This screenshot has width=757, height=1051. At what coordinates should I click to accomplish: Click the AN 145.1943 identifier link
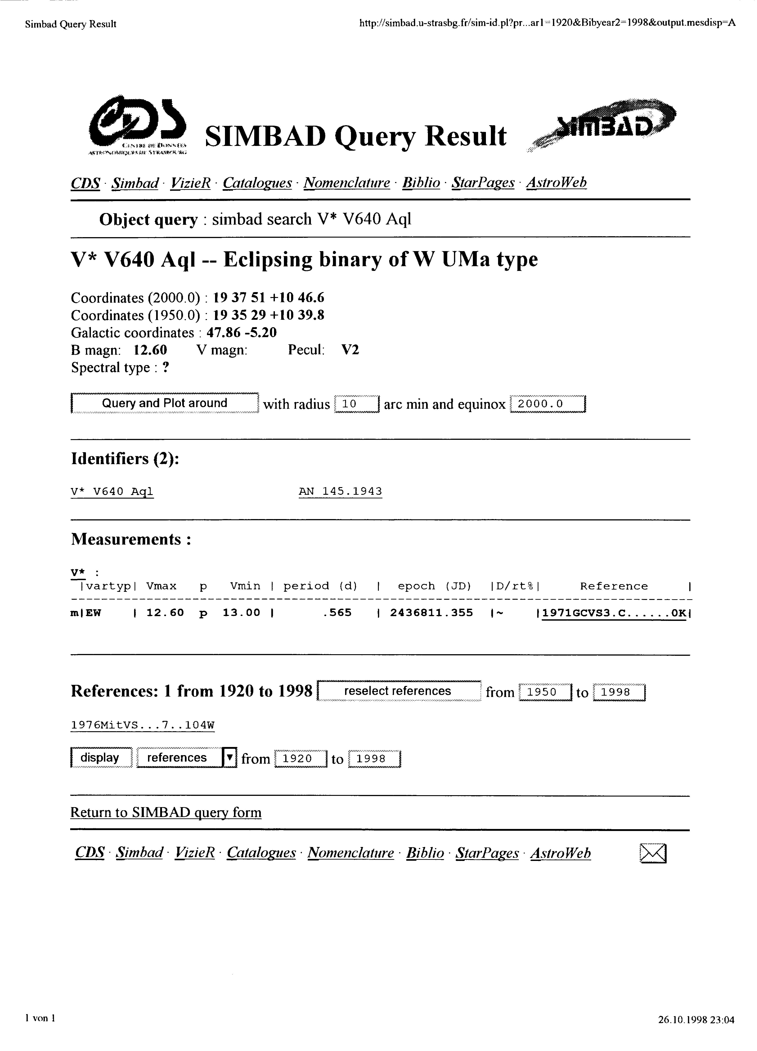(x=340, y=491)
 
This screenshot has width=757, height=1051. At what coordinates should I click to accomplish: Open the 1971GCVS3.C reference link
(x=613, y=613)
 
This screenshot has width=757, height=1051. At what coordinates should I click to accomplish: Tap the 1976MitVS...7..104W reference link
(x=142, y=725)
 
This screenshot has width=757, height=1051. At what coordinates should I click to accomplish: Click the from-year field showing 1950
(x=545, y=692)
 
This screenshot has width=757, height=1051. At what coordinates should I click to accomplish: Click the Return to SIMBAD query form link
(x=166, y=812)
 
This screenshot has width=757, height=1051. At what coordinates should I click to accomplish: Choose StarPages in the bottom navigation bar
(x=487, y=853)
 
